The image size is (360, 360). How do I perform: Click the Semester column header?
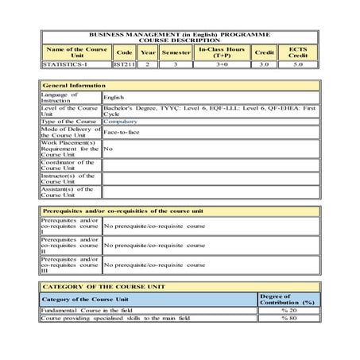(175, 51)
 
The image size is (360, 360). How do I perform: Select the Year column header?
(147, 51)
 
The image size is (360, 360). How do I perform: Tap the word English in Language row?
(114, 96)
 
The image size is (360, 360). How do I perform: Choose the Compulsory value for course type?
(119, 120)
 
